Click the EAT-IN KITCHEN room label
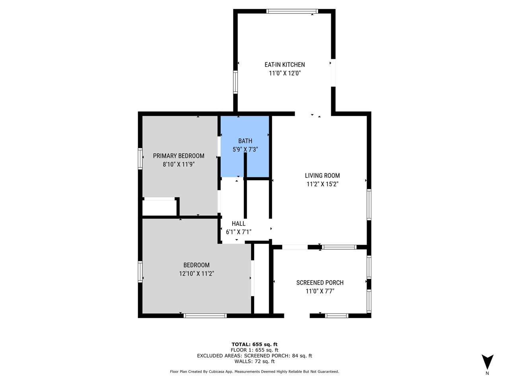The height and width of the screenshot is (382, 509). tap(285, 65)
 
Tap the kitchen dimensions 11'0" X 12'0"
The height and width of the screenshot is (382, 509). tap(285, 73)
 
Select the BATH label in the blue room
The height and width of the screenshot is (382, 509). tap(245, 141)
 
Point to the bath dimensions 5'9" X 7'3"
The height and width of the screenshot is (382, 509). tap(245, 149)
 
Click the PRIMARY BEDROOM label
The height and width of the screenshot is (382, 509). tap(179, 156)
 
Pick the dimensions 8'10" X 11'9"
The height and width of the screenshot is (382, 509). tap(179, 164)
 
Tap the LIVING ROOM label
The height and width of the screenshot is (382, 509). tap(322, 175)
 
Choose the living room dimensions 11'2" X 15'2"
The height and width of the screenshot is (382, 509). tap(322, 184)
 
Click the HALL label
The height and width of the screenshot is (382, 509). tap(239, 224)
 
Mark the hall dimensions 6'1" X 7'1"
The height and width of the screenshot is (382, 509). tap(239, 232)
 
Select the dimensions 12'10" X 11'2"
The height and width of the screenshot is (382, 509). tap(196, 274)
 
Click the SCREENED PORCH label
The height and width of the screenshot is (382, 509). tap(320, 283)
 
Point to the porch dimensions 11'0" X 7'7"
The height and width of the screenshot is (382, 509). tap(320, 291)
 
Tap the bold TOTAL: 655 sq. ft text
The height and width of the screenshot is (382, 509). tap(254, 345)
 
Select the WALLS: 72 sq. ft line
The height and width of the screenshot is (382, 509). tap(254, 361)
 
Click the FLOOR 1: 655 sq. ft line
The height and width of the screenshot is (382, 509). tap(254, 350)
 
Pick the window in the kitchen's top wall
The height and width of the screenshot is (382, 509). tap(292, 11)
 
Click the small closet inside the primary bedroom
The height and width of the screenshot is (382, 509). tap(159, 208)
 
